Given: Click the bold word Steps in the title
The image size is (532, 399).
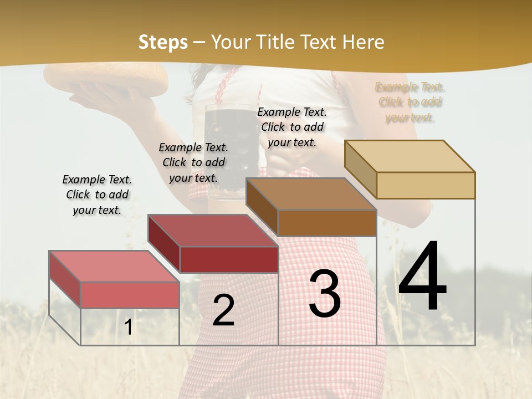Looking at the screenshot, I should tap(163, 42).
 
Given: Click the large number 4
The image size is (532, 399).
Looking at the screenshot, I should tap(422, 277).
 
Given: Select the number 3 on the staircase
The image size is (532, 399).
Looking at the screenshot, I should tap(325, 294).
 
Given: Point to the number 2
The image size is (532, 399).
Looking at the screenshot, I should tap(223, 310).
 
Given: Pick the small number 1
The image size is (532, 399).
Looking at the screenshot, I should tap(129, 328).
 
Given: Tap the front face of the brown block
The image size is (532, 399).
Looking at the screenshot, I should tap(327, 223).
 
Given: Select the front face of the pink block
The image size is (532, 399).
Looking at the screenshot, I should tap(130, 295).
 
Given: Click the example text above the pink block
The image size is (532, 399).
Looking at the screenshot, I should tap(97, 195).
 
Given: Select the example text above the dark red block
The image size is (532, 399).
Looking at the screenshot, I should tap(193, 162).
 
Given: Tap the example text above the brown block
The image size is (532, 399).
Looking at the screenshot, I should tap(292, 127).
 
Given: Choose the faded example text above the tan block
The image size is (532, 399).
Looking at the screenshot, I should tap(410, 102).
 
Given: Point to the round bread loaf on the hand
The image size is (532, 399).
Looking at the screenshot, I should tap(108, 78).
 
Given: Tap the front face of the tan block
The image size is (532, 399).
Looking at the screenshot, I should tap(426, 185).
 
